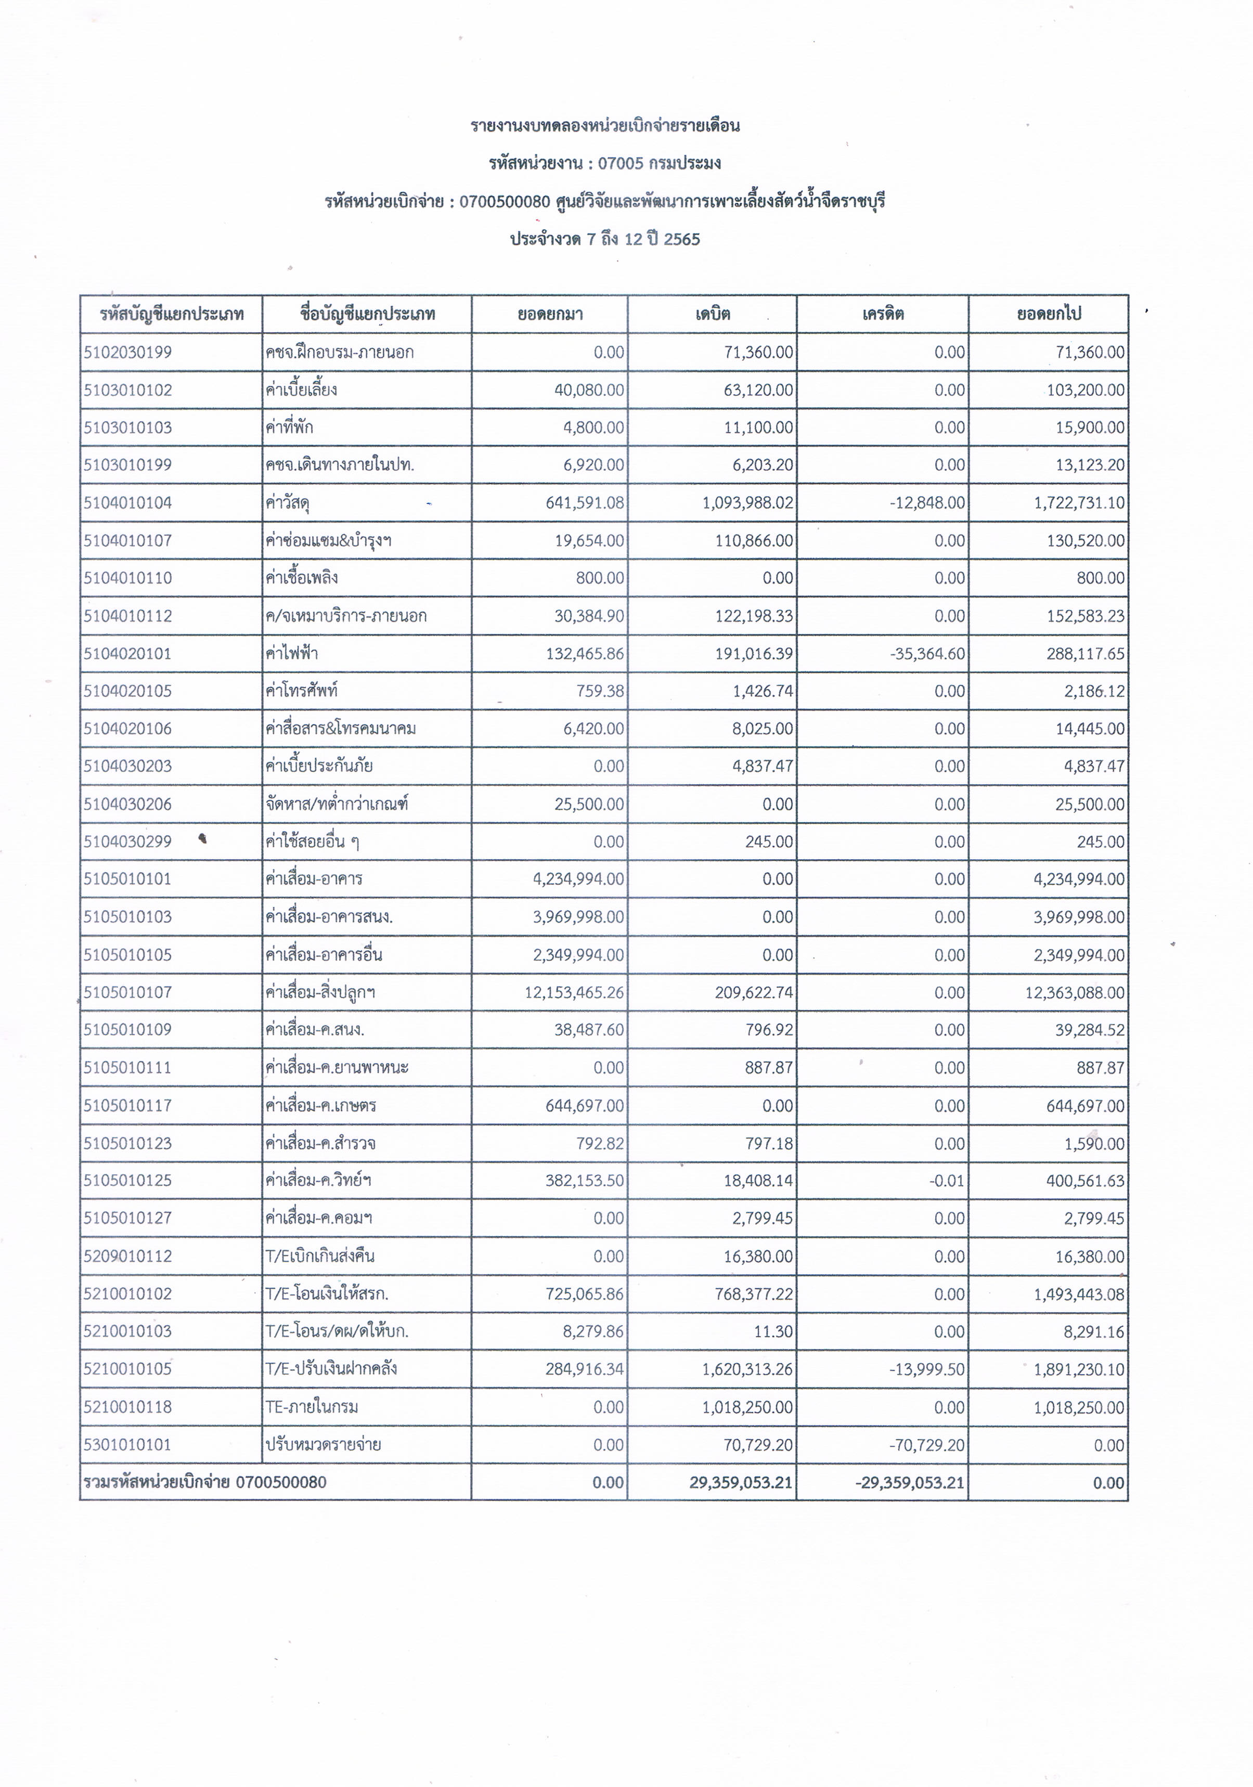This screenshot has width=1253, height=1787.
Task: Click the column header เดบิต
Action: coord(712,315)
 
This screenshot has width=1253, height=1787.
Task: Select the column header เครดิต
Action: coord(883,315)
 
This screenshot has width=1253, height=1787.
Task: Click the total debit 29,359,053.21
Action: coord(740,1483)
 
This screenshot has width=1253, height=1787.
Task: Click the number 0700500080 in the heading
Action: coord(505,202)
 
